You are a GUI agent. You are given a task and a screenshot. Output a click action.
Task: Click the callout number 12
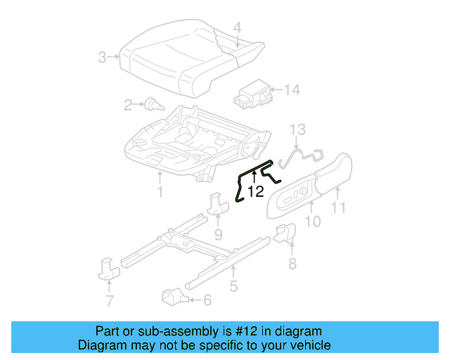click(255, 191)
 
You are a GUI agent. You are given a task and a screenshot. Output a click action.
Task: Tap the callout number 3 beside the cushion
click(103, 57)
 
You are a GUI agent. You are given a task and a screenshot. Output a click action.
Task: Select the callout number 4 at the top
click(237, 28)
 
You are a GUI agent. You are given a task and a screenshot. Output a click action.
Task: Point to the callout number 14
click(292, 89)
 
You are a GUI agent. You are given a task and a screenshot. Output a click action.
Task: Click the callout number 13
click(298, 129)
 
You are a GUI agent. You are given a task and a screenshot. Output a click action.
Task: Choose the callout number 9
click(218, 233)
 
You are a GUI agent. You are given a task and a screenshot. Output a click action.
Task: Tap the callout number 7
click(109, 302)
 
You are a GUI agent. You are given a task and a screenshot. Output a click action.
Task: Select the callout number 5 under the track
click(233, 285)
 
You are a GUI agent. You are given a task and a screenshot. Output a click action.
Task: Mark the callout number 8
click(292, 264)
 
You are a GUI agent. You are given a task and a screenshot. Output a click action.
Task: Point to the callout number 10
click(313, 221)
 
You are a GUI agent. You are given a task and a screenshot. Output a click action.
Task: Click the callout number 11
click(339, 207)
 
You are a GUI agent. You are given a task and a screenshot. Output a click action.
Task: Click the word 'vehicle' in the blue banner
click(309, 345)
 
